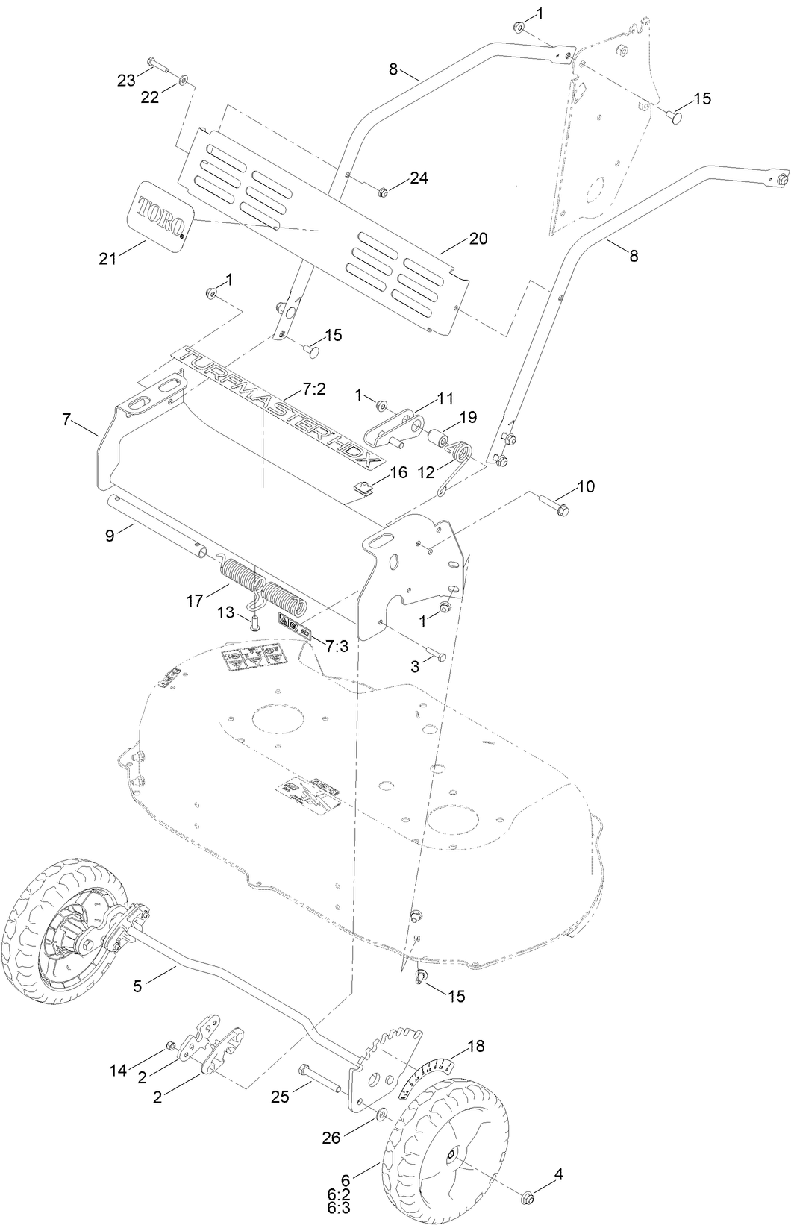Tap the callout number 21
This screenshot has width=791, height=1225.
pos(109,258)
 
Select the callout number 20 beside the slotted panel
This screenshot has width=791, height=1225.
pos(478,239)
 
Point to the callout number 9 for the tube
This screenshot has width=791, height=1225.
pos(110,535)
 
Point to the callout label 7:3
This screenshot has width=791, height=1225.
pos(337,646)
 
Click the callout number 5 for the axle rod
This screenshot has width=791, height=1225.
pos(137,986)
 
